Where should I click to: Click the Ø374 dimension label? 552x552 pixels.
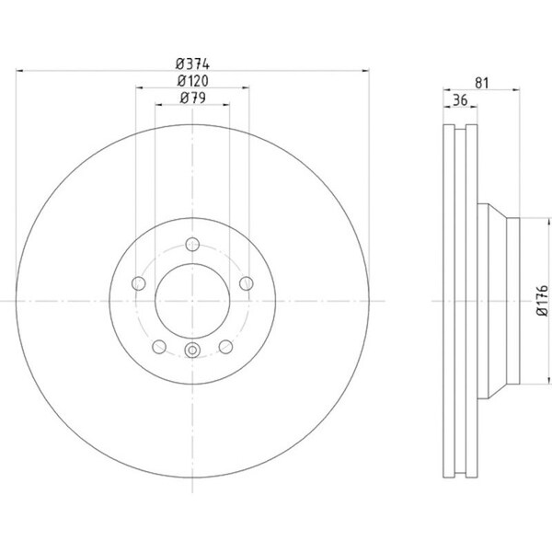click(x=192, y=64)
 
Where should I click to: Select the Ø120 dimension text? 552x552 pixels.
click(x=192, y=81)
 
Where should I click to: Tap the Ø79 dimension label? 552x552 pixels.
click(x=192, y=98)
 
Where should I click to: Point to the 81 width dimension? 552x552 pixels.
click(x=482, y=83)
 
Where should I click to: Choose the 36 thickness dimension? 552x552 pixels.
click(x=460, y=100)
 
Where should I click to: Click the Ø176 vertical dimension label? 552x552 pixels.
click(x=543, y=300)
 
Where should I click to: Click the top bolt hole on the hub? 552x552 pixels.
click(x=192, y=245)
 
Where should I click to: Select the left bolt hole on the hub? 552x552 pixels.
click(x=139, y=283)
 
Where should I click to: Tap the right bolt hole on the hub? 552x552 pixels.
click(x=247, y=283)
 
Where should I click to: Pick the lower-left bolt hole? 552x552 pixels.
click(x=159, y=347)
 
